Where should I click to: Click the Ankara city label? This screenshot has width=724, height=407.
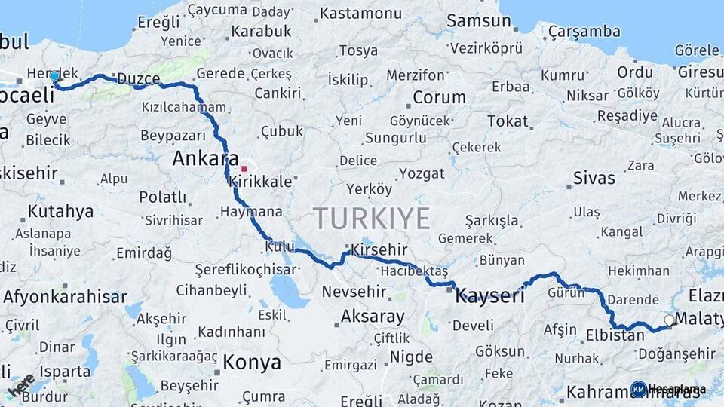[201, 158]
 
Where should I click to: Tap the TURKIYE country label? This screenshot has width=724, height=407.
[372, 218]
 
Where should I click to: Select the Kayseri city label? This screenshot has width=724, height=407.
[490, 296]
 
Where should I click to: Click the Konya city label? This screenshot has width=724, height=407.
[252, 363]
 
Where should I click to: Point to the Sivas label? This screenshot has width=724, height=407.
[594, 179]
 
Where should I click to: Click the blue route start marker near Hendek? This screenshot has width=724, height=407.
[54, 76]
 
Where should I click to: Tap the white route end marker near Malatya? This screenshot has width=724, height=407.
[669, 320]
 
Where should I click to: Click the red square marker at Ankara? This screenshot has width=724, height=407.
[244, 169]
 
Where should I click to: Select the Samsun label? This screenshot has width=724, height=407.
[478, 20]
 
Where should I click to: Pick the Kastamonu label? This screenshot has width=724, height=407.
[360, 14]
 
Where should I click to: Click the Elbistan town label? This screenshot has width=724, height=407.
[615, 334]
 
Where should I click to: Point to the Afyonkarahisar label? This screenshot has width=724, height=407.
[65, 296]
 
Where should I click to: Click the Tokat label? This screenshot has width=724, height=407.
[508, 121]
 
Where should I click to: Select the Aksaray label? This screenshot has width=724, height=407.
[373, 317]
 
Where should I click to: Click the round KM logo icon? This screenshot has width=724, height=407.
[638, 389]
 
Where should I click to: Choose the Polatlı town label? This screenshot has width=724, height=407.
[162, 197]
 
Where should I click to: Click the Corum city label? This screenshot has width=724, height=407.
[439, 97]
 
